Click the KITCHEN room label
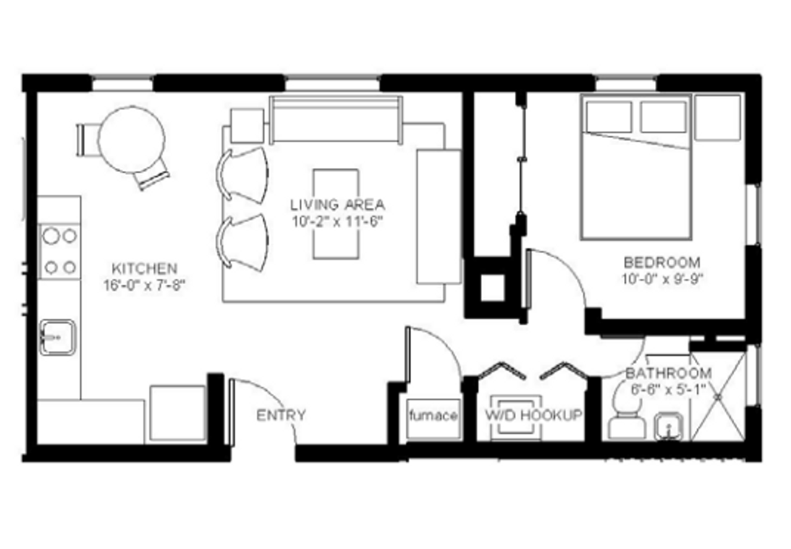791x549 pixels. [145, 269]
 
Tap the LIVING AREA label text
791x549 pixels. [337, 205]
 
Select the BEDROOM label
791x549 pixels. [662, 263]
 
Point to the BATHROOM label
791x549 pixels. [669, 373]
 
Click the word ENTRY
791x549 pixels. [281, 415]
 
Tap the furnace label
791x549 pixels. [433, 415]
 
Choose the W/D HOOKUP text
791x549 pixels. [533, 415]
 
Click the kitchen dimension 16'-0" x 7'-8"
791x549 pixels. [145, 285]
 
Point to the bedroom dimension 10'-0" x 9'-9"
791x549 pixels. [662, 279]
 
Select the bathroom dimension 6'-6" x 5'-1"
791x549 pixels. [669, 390]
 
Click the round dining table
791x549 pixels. [132, 140]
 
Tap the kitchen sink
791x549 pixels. [57, 338]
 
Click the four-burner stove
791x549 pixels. [59, 251]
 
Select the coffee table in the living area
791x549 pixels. [336, 215]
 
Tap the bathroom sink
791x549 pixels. [669, 427]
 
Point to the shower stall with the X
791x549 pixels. [718, 397]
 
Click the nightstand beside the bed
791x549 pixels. [717, 117]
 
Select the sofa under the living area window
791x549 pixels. [336, 120]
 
